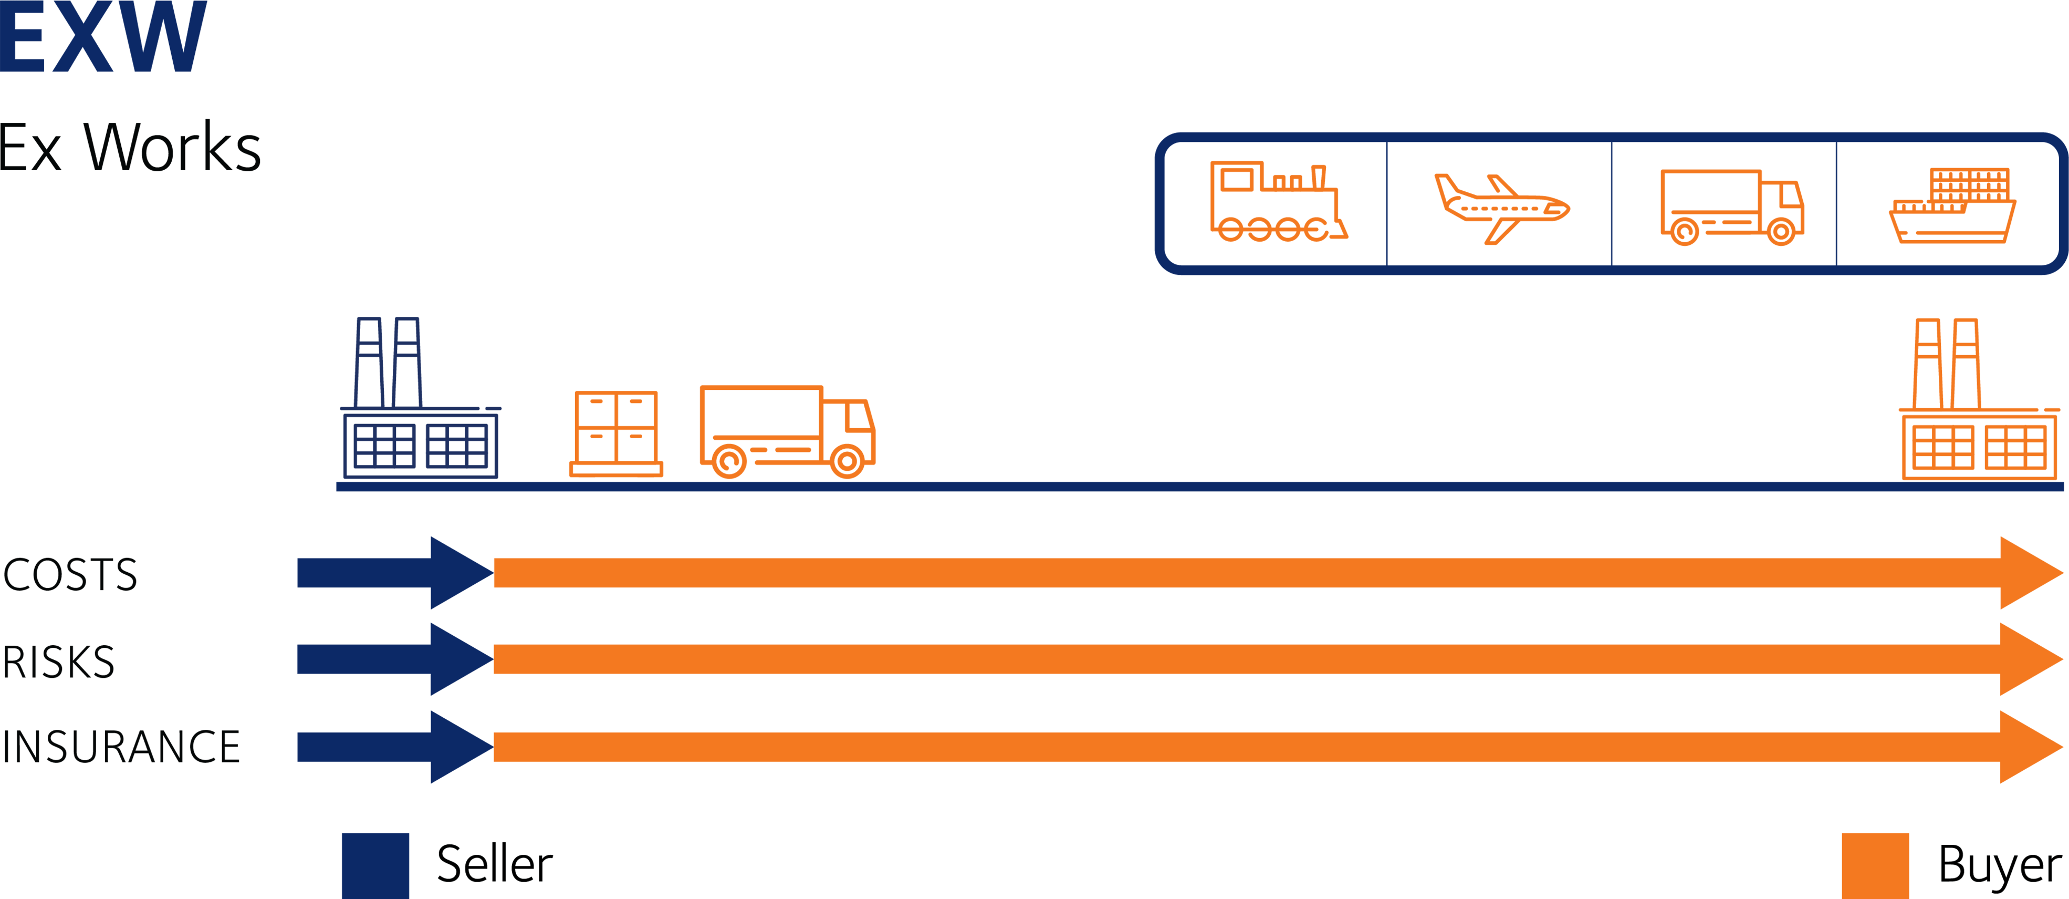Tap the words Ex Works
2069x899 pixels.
pos(130,149)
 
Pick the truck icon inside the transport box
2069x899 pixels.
pos(1732,206)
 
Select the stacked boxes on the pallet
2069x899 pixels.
pos(616,434)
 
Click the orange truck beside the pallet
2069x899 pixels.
pos(787,431)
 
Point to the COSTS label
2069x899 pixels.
pos(71,575)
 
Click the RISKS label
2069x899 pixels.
pos(59,662)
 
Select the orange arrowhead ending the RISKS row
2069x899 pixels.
pos(2028,659)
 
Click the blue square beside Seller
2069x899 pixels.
pos(375,865)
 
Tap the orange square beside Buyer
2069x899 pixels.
pos(1875,866)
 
